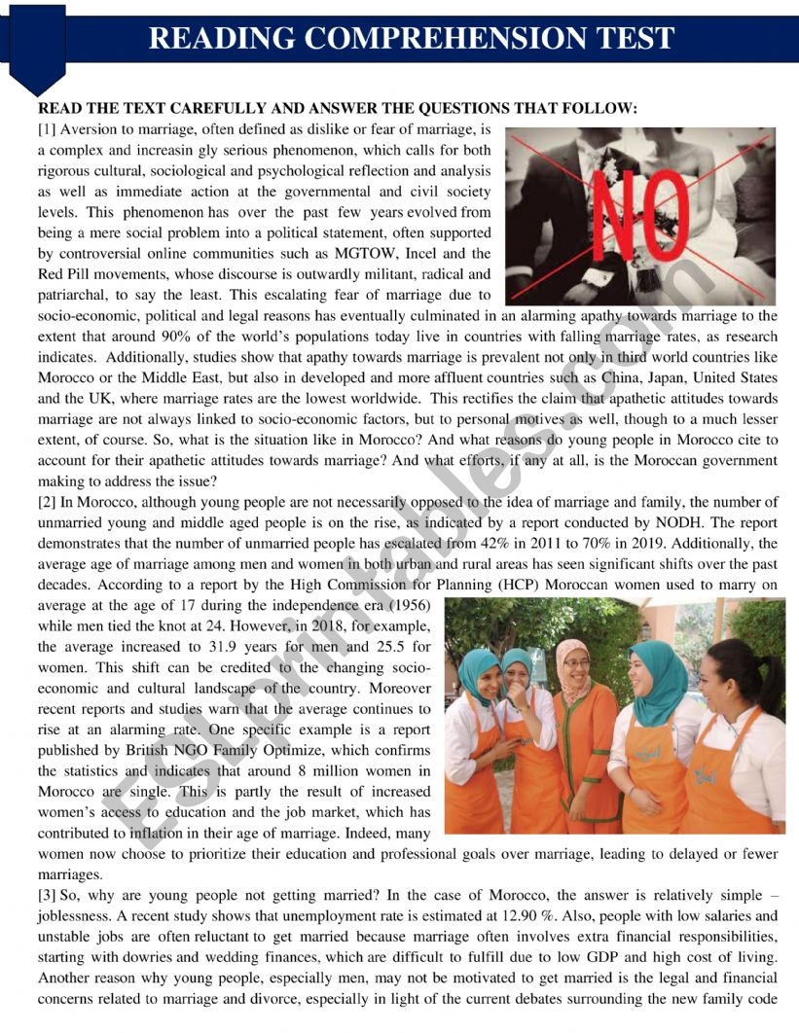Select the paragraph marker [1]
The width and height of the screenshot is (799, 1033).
[x=47, y=129]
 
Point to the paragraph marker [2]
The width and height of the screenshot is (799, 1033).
[x=47, y=502]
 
